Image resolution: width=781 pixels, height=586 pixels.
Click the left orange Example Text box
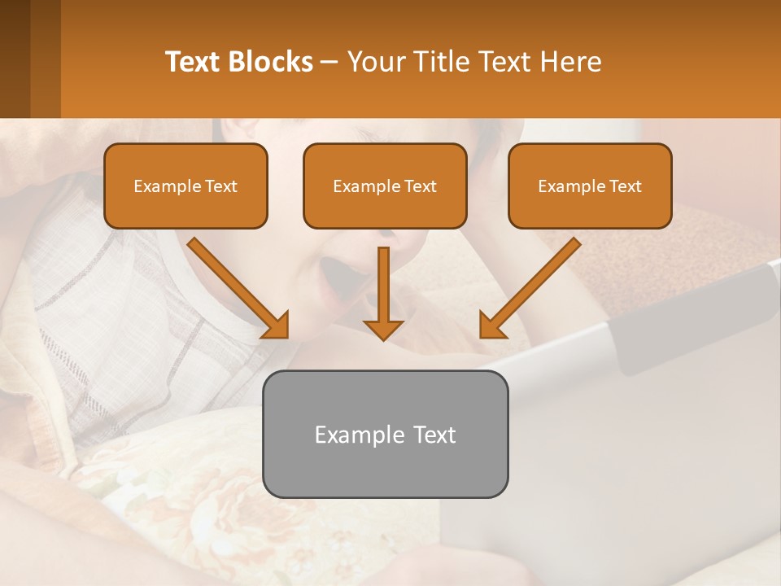tap(185, 186)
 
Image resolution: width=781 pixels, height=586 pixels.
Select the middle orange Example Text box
tap(385, 186)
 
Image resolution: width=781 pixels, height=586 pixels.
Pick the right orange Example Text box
tap(590, 186)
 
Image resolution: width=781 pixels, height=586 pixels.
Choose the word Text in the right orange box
tap(624, 186)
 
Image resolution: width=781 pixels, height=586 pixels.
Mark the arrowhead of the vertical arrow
tap(383, 329)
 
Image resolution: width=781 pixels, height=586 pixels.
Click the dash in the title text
tap(329, 63)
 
